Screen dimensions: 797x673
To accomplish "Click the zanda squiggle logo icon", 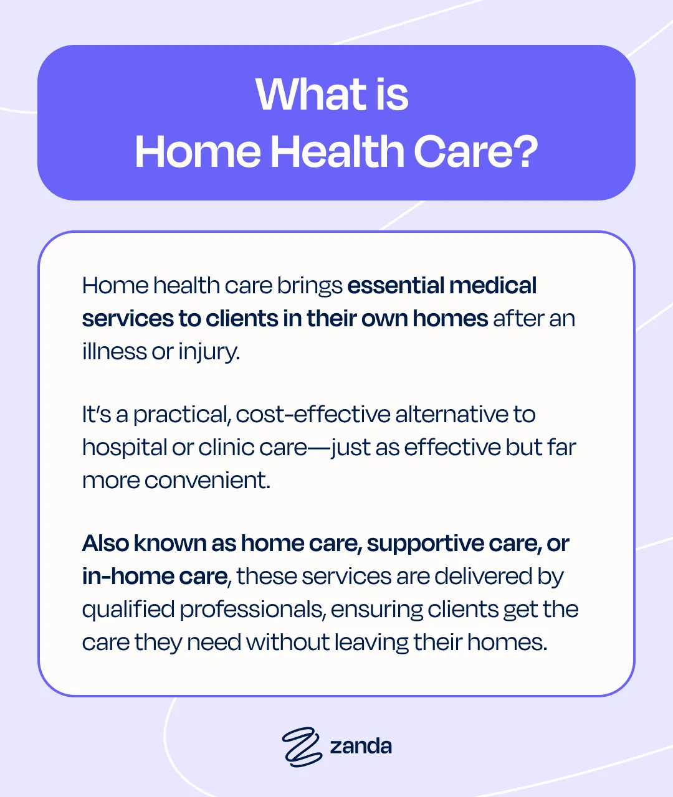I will [x=302, y=745].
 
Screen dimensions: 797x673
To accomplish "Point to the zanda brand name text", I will [x=361, y=746].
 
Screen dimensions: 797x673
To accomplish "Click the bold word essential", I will [x=395, y=286].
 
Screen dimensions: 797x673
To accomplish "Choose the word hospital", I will [x=124, y=448].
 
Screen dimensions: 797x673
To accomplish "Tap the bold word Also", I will [x=105, y=544].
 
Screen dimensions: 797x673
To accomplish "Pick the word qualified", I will [x=128, y=610].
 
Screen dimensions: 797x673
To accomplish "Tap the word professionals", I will [x=252, y=610].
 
